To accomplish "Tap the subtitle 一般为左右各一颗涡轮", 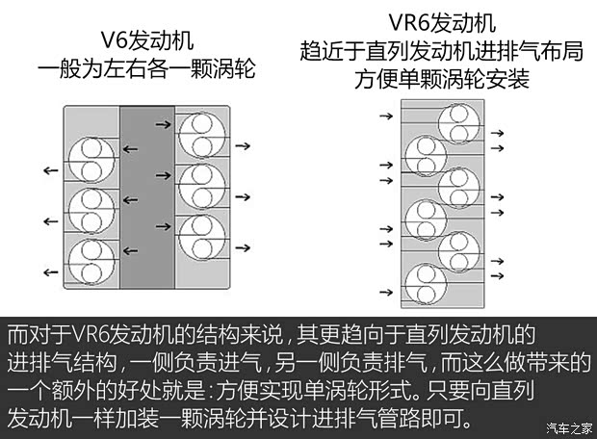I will [148, 69].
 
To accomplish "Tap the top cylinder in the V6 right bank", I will [201, 132].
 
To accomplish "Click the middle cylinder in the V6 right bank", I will [201, 180].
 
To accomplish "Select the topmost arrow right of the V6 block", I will [244, 146].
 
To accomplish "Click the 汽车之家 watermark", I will [565, 428].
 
